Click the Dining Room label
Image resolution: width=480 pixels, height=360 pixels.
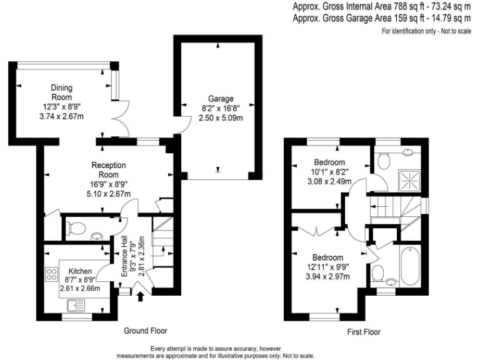pyautogui.click(x=61, y=92)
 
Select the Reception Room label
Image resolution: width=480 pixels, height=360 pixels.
pyautogui.click(x=109, y=169)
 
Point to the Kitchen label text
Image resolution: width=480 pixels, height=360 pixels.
pyautogui.click(x=81, y=271)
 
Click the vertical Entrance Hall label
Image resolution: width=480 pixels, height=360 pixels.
pyautogui.click(x=124, y=257)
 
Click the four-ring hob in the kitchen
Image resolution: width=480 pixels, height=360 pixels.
pyautogui.click(x=51, y=276)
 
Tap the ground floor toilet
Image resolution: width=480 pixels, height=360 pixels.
pyautogui.click(x=74, y=227)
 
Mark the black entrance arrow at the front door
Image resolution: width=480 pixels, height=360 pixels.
pyautogui.click(x=140, y=294)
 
